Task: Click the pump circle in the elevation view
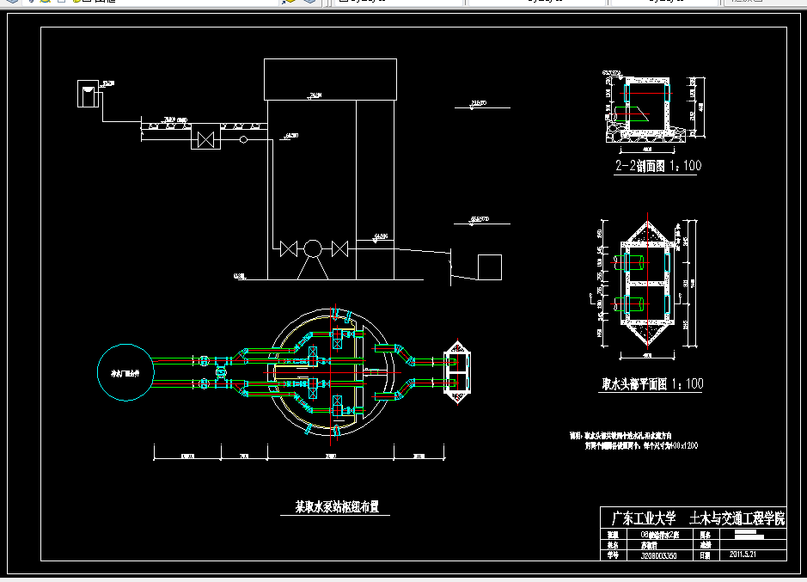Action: (x=313, y=248)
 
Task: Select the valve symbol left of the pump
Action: (x=289, y=248)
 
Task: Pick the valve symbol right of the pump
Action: (x=339, y=248)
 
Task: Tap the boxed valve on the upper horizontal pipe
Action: (x=205, y=138)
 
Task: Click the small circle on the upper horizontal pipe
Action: (x=243, y=138)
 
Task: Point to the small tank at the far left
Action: (x=88, y=94)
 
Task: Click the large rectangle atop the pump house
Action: (x=330, y=79)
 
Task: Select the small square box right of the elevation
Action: (x=490, y=267)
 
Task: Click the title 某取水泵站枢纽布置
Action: (x=337, y=507)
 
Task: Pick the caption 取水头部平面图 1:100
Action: (x=651, y=384)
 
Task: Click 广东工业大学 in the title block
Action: (x=639, y=519)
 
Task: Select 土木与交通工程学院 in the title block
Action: (x=737, y=519)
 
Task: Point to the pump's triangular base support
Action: (x=312, y=268)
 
